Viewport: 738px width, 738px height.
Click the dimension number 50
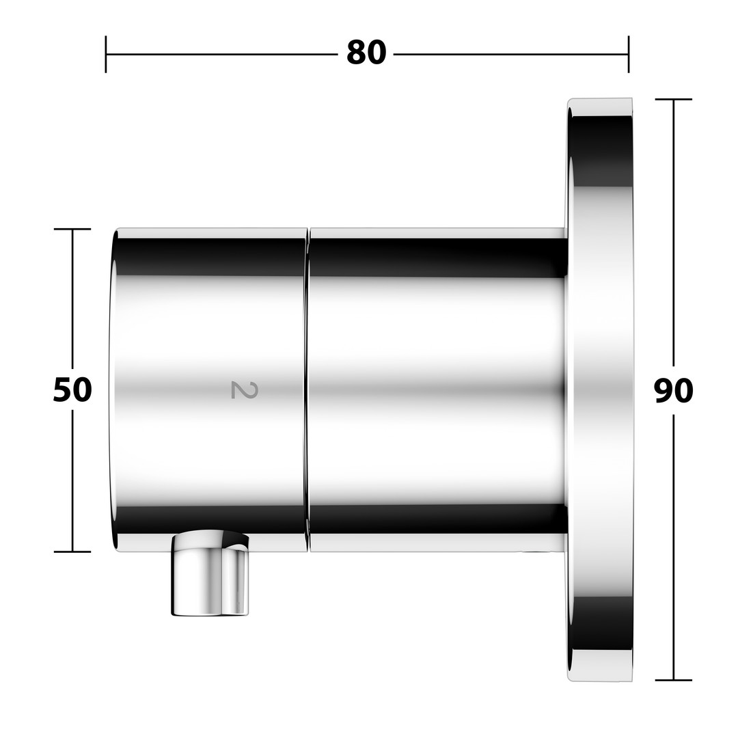pos(72,389)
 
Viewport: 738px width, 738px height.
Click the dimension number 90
pos(674,391)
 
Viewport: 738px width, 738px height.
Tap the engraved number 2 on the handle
pos(245,390)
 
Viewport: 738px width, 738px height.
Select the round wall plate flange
pos(600,389)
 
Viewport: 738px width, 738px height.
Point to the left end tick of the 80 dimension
pos(106,54)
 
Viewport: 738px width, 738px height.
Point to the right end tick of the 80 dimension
pos(629,54)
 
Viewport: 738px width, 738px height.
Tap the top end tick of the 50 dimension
pos(72,229)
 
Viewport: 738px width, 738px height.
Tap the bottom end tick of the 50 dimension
pos(72,551)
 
